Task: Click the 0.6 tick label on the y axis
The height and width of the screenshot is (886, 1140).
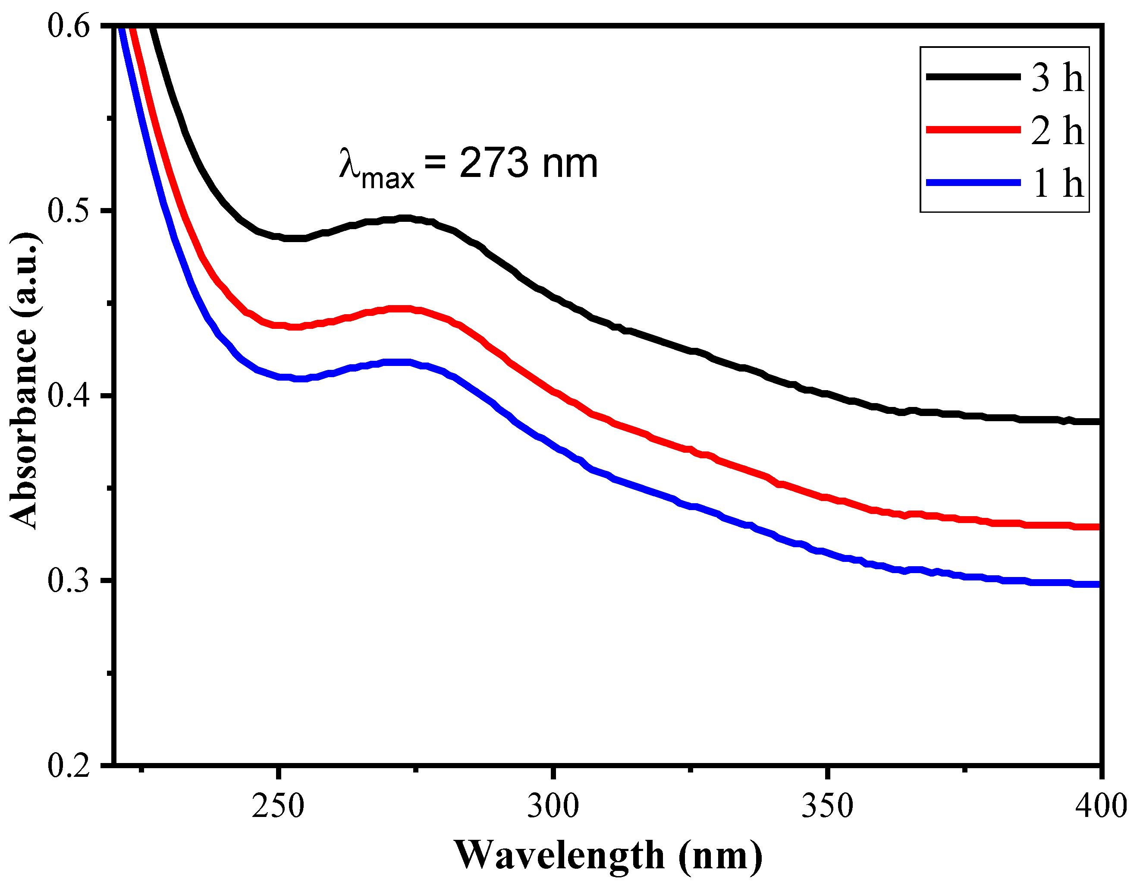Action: [69, 25]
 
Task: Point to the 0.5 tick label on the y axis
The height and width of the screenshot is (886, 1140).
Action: [69, 211]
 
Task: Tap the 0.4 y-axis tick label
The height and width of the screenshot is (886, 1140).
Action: [69, 395]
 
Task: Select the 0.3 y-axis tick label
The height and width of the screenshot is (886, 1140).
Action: [69, 580]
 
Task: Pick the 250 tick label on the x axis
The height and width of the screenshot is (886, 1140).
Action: [278, 806]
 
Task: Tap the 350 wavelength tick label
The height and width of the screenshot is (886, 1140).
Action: [828, 806]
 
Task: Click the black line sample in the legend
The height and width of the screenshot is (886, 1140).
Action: [973, 77]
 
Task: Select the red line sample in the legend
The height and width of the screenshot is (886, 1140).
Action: [973, 129]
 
